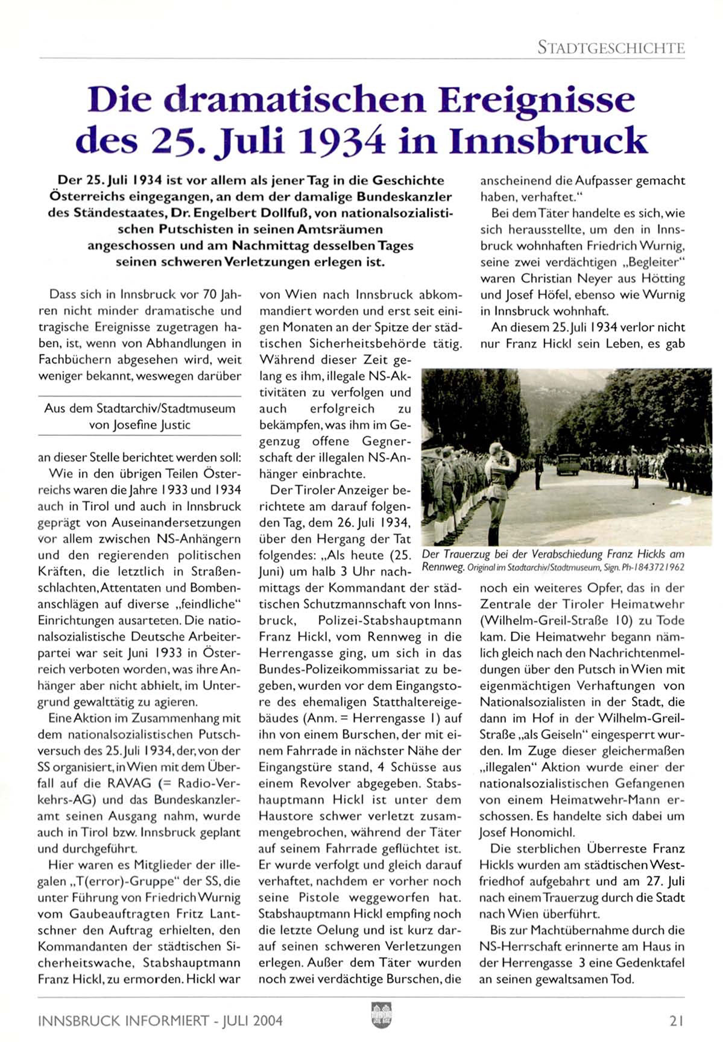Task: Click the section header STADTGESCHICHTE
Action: coord(611,47)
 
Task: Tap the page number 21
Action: coord(676,1020)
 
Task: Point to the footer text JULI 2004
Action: coord(252,1020)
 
